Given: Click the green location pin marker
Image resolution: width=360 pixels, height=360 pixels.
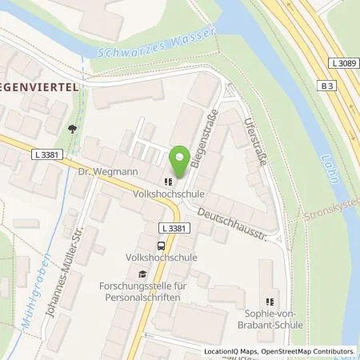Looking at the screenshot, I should pos(180,158).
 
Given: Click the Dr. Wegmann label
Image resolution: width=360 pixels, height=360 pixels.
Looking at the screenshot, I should pos(98,170).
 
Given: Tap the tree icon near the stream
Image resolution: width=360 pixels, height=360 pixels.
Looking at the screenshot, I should pos(74,126).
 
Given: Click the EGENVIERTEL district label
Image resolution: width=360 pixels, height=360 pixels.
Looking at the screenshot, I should pos(40,89).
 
